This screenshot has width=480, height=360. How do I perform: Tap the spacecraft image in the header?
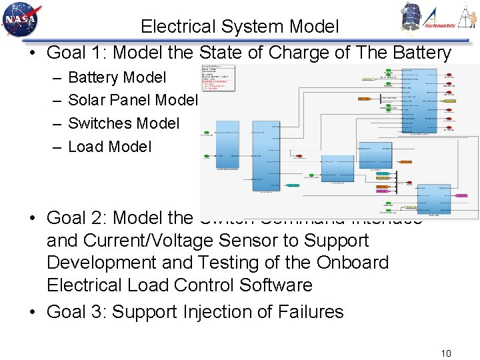click(412, 16)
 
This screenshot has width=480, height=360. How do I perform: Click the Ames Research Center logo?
click(440, 17)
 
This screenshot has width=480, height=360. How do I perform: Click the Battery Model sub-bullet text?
click(117, 77)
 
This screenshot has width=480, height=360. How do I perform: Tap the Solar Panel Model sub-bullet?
click(133, 100)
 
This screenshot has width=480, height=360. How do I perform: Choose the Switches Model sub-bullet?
click(124, 123)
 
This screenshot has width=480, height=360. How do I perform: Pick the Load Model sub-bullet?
click(110, 146)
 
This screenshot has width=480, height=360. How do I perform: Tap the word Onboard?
click(353, 263)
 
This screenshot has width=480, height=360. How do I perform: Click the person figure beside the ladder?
click(467, 15)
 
